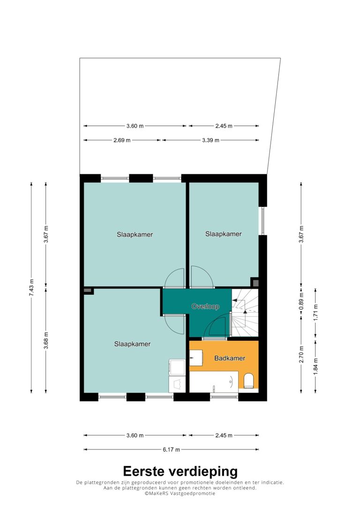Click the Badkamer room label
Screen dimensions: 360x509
click(x=230, y=358)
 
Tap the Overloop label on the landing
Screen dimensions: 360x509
click(x=205, y=306)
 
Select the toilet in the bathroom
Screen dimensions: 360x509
click(x=248, y=381)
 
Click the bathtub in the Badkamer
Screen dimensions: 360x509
click(x=214, y=382)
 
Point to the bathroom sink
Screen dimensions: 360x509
click(x=196, y=358)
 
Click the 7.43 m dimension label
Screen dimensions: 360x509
click(x=31, y=287)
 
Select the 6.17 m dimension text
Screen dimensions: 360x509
click(x=172, y=449)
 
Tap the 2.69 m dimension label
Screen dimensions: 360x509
click(x=122, y=140)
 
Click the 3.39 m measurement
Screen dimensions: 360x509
click(x=210, y=140)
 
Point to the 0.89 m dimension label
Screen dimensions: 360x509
click(x=301, y=301)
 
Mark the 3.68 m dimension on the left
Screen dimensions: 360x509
click(x=46, y=340)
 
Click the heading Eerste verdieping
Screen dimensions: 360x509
click(x=180, y=471)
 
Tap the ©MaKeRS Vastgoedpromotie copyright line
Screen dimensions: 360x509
click(x=180, y=493)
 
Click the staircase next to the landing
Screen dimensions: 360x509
click(x=245, y=313)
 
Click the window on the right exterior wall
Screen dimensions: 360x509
click(x=263, y=221)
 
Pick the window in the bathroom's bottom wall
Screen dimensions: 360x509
click(x=224, y=397)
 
